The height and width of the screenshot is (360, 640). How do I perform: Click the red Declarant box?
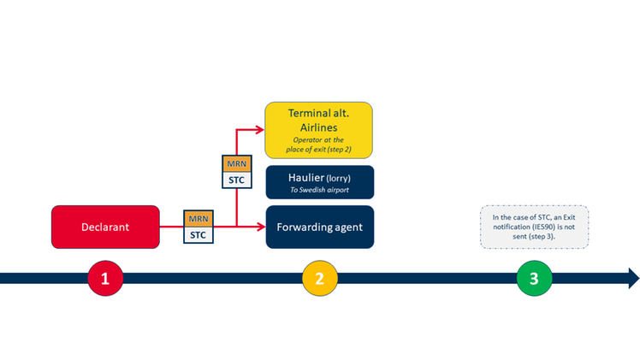[x=105, y=227]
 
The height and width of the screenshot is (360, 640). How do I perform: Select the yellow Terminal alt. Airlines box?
[x=319, y=130]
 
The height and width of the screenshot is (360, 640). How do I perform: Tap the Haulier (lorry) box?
[x=319, y=182]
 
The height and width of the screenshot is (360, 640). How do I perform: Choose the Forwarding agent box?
[x=319, y=227]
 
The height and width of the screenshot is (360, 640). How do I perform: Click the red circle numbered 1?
[x=105, y=278]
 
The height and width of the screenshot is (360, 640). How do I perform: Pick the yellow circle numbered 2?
[x=319, y=278]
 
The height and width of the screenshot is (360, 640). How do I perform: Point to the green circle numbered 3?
[x=534, y=278]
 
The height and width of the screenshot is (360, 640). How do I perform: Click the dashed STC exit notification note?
[x=534, y=227]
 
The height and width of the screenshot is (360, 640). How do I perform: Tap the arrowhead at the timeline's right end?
[x=633, y=278]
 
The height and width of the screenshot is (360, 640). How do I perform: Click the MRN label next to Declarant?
[x=198, y=219]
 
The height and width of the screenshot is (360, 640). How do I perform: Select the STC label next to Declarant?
[x=198, y=233]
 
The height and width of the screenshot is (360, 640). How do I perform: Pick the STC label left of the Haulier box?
[x=235, y=180]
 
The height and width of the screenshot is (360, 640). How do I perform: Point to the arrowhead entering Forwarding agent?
[x=260, y=227]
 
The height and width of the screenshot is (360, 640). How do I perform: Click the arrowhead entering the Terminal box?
[x=260, y=130]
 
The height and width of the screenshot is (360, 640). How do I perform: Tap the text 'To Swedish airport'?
[x=319, y=190]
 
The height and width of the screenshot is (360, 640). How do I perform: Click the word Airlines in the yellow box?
[x=319, y=127]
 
